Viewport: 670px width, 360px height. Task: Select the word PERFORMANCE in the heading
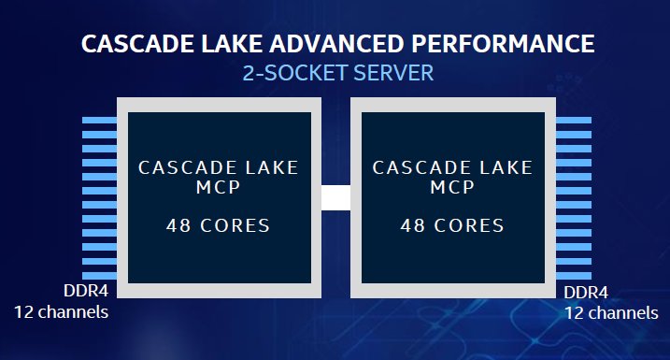pos(498,45)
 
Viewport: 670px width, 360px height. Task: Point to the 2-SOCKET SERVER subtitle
pos(335,73)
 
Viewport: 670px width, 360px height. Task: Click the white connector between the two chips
pos(335,197)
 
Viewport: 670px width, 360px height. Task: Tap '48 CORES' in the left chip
pos(219,225)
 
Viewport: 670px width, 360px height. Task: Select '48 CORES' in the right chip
pos(452,225)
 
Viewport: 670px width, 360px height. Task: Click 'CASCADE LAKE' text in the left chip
pos(219,168)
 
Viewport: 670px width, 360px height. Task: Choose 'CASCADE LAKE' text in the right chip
pos(452,168)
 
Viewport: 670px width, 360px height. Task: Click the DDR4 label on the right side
pos(586,293)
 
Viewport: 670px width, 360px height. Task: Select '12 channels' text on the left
pos(61,310)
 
